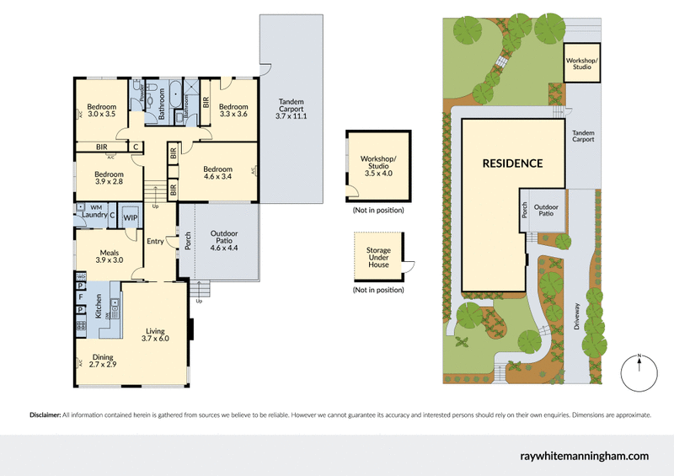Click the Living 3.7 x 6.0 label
[156, 333]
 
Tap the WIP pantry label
[131, 217]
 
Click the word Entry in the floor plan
[156, 242]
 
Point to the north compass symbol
[639, 372]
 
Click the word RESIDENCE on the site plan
[512, 163]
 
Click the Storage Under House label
[377, 257]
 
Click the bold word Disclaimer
[45, 414]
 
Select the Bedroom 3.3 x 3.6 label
[233, 110]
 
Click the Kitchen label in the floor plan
[98, 306]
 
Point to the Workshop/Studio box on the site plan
[580, 63]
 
